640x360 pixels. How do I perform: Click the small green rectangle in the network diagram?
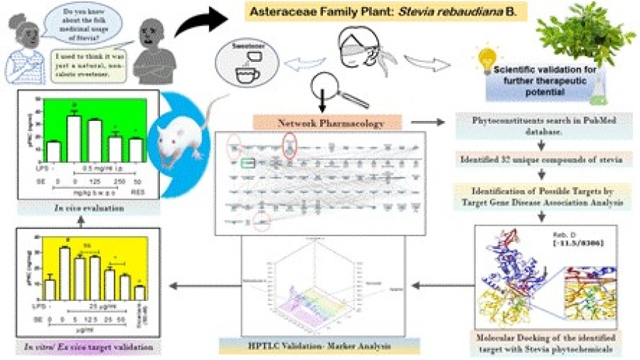(247, 164)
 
